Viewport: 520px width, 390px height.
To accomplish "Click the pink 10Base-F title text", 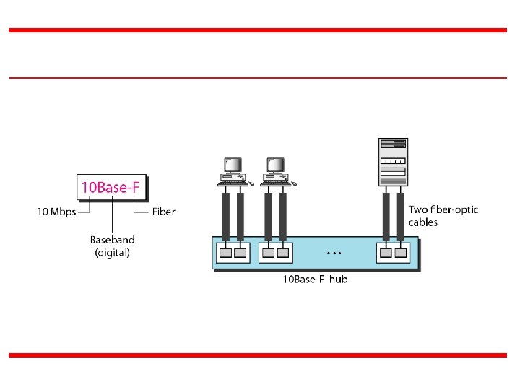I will (112, 188).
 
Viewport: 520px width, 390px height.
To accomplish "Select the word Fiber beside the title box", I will (164, 212).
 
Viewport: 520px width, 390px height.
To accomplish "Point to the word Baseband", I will (112, 239).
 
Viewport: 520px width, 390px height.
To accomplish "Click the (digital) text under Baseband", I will (112, 253).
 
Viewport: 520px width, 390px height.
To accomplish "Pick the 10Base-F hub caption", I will (314, 279).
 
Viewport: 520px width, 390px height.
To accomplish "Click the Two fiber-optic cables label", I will (443, 215).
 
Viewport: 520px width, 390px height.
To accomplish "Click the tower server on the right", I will (394, 162).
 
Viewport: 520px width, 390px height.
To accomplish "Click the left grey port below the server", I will (386, 253).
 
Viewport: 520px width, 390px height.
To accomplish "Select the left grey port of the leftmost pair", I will (226, 253).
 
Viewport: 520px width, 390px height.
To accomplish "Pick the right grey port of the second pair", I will (282, 253).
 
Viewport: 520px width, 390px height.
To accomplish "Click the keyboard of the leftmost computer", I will (233, 183).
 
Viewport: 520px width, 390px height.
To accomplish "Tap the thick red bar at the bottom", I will (258, 355).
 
